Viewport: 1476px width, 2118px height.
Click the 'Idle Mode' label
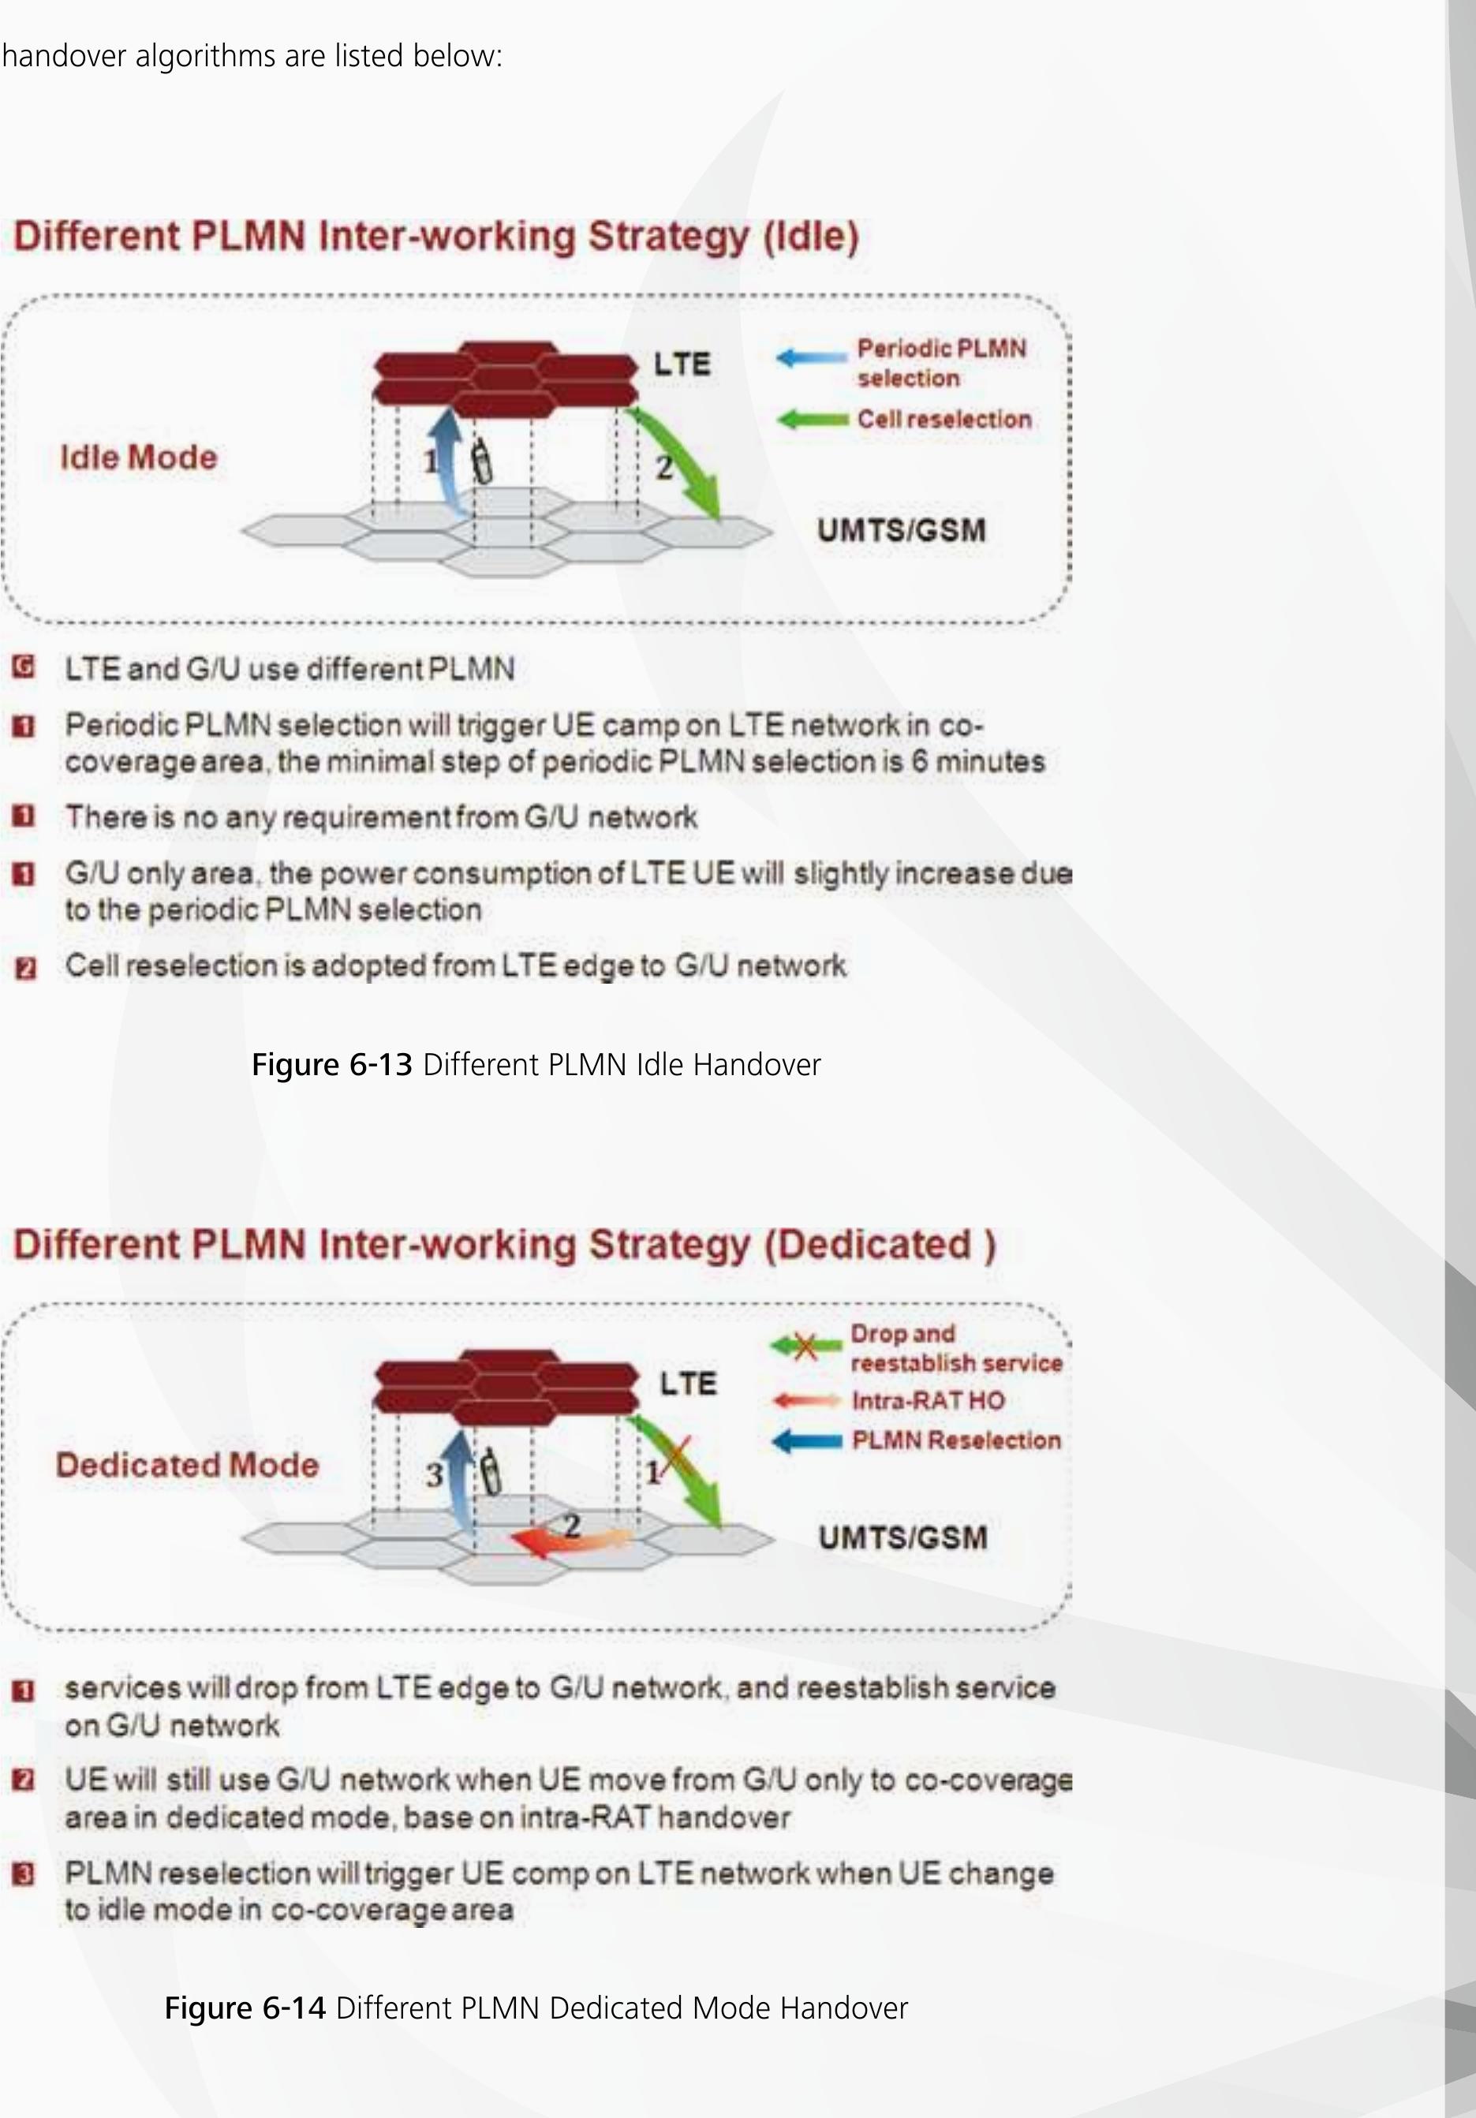pos(138,458)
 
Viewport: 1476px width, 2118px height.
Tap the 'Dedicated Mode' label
pos(187,1465)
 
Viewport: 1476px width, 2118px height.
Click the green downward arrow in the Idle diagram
pos(682,470)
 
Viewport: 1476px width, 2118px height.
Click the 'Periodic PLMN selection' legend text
pos(941,363)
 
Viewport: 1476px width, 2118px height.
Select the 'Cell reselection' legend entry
pos(944,419)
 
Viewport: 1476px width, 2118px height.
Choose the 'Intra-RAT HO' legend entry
pos(928,1400)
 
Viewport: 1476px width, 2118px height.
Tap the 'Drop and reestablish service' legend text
pos(955,1348)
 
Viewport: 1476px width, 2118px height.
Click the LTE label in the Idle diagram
pos(682,364)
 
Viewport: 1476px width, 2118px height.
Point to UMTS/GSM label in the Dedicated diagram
pos(902,1537)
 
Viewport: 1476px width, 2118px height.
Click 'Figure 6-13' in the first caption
pos(331,1065)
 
